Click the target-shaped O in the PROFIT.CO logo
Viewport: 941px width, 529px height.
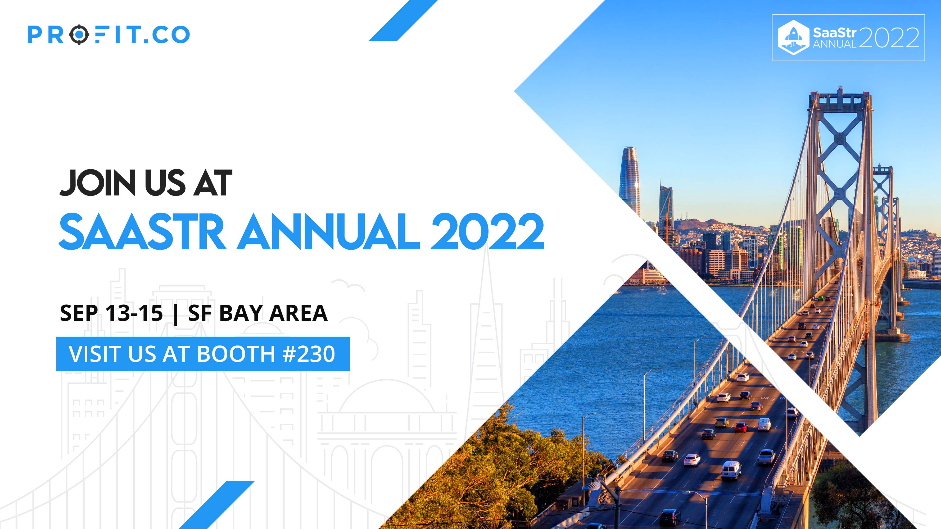pos(79,35)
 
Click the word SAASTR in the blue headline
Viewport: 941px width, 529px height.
pos(142,232)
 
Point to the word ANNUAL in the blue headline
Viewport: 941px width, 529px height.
pos(328,232)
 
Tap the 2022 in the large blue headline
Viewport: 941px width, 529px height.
pos(488,232)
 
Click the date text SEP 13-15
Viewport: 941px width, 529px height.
pos(111,313)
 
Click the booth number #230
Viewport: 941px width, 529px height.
pos(309,354)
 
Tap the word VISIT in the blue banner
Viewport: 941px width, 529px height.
pos(96,354)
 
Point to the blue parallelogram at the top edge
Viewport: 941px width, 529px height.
pos(403,20)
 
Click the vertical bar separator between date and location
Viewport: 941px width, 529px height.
pos(176,313)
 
